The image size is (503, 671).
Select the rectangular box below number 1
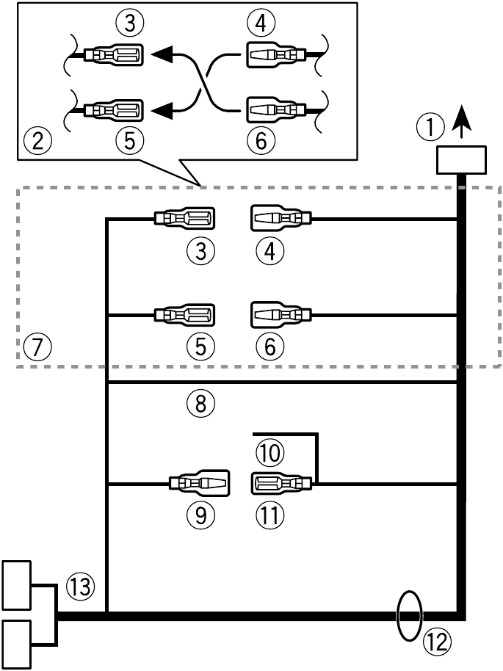pos(460,161)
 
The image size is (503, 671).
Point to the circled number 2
pos(37,139)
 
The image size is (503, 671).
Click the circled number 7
pos(37,344)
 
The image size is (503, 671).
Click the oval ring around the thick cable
pos(409,617)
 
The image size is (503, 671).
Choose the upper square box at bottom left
pos(18,584)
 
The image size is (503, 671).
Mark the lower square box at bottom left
pos(18,644)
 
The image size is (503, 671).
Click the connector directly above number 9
pos(199,484)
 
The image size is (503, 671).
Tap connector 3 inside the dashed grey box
pos(184,219)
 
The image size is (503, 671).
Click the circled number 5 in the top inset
pos(129,139)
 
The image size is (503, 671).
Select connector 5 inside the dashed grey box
pos(184,316)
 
